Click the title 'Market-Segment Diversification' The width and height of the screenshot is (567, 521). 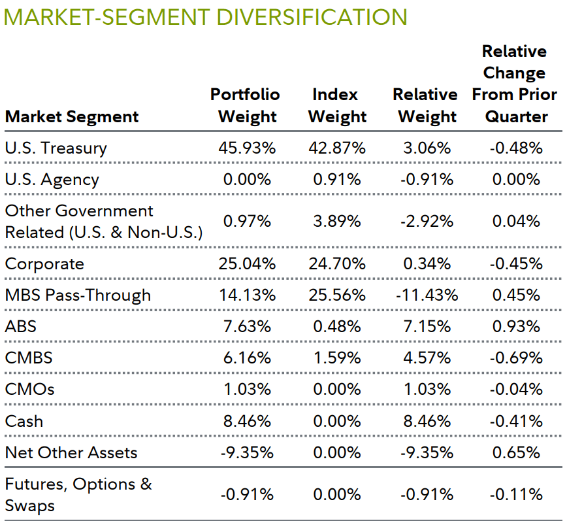(206, 16)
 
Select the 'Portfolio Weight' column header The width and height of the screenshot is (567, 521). (246, 105)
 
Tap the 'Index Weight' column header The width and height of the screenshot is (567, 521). (336, 105)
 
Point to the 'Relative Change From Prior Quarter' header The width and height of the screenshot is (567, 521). (515, 84)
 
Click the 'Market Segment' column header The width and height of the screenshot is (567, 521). (72, 117)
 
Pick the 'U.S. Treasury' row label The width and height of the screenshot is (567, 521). (56, 148)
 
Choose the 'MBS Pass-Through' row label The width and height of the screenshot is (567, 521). (78, 295)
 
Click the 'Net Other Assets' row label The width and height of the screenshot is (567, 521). (71, 452)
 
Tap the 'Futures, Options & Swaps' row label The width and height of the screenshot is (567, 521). (78, 494)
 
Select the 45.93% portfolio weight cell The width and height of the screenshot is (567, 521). (247, 148)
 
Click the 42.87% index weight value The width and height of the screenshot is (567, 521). (336, 148)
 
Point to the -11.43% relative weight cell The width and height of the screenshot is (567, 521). (426, 295)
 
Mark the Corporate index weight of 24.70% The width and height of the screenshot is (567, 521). (336, 264)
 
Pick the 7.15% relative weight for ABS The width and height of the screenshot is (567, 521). (426, 326)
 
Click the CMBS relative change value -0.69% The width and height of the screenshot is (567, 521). (515, 358)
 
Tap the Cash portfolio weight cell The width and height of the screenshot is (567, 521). (247, 421)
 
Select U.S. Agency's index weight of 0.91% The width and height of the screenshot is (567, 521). (336, 179)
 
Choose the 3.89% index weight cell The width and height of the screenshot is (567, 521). (336, 222)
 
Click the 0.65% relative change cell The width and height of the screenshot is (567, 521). (515, 452)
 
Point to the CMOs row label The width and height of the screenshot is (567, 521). (29, 390)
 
